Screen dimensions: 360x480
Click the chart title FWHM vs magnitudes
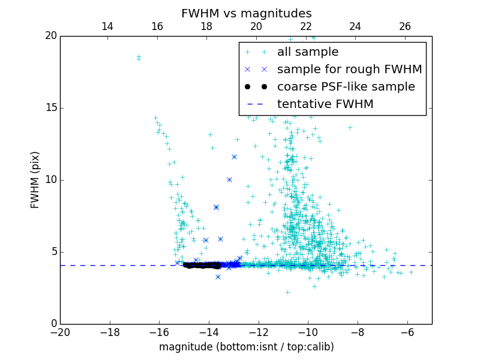pyautogui.click(x=246, y=13)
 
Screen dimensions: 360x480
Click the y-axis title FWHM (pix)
pyautogui.click(x=35, y=179)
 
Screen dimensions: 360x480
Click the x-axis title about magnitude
pyautogui.click(x=246, y=347)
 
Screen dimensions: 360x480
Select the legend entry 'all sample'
pyautogui.click(x=308, y=52)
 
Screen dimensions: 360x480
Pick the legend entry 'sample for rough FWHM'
pyautogui.click(x=349, y=70)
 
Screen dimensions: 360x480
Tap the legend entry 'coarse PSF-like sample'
pyautogui.click(x=346, y=87)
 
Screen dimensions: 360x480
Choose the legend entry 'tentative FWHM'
pyautogui.click(x=325, y=104)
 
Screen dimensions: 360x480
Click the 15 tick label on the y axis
pyautogui.click(x=50, y=108)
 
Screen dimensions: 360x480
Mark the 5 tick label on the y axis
pyautogui.click(x=53, y=252)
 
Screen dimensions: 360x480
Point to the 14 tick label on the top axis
pyautogui.click(x=107, y=26)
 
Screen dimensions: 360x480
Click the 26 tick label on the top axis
pyautogui.click(x=405, y=26)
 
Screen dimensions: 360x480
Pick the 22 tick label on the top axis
pyautogui.click(x=306, y=26)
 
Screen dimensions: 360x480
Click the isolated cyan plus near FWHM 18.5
pyautogui.click(x=139, y=58)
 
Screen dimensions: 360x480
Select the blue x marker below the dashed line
pyautogui.click(x=218, y=277)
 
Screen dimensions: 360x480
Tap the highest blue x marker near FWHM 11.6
pyautogui.click(x=234, y=157)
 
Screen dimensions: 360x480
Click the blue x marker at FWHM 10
pyautogui.click(x=229, y=179)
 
